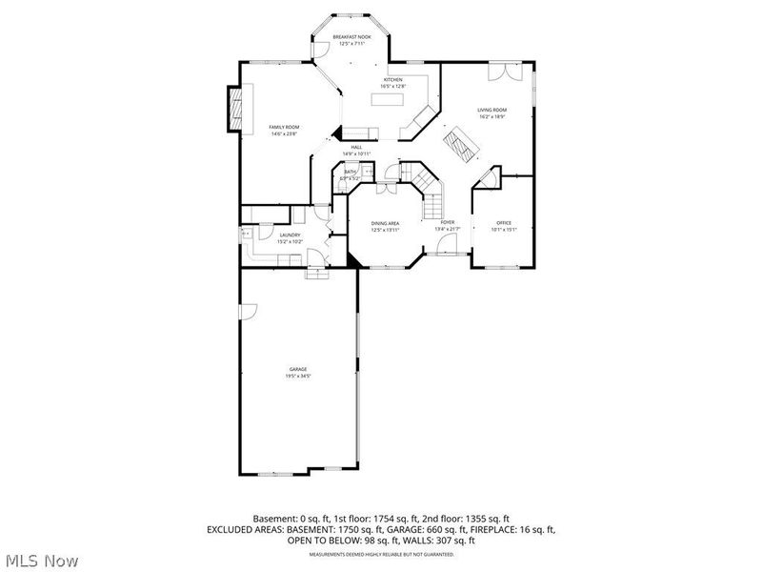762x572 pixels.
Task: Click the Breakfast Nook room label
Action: coord(350,37)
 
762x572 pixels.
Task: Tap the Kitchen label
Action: coord(392,79)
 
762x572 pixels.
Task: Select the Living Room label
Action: coord(491,111)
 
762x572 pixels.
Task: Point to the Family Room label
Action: coord(284,128)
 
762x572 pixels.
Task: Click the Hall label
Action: coord(356,147)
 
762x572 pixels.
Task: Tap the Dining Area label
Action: coord(385,223)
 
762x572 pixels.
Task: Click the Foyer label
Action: coord(447,223)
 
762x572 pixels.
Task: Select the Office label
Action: coord(504,223)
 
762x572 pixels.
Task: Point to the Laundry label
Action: coord(290,235)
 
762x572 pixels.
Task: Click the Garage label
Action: coord(298,369)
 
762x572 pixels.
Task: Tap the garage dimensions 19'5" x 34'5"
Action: coord(298,376)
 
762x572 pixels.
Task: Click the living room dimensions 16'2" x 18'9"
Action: coord(491,117)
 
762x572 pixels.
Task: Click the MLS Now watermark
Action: coord(41,562)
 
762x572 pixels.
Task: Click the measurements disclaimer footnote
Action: coord(380,554)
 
